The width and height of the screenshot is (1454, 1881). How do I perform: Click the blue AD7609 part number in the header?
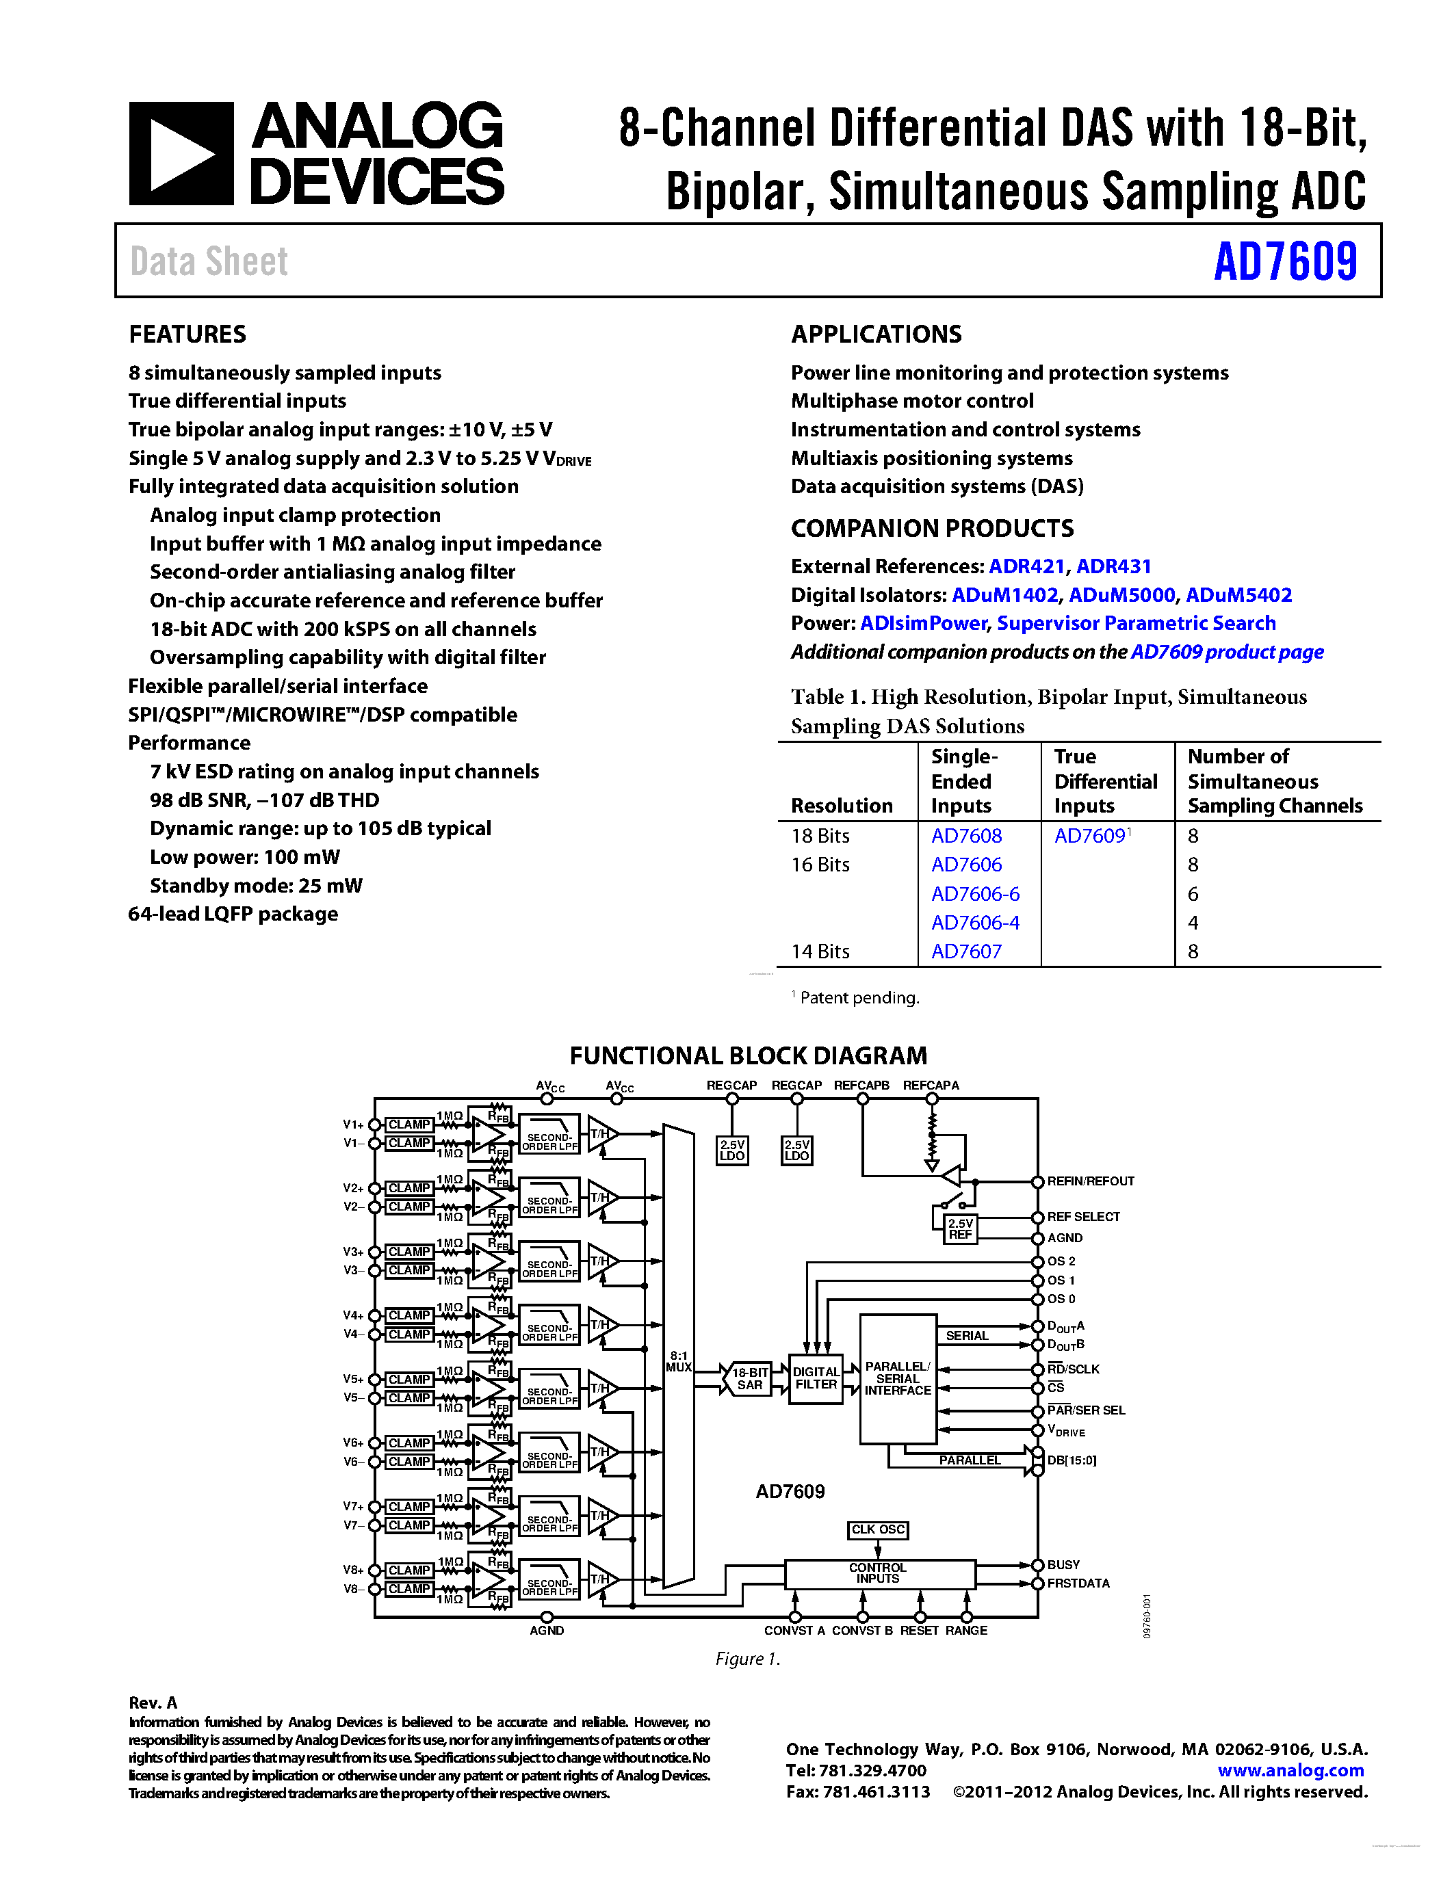(1285, 262)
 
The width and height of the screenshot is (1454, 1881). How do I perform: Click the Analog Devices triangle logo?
(181, 154)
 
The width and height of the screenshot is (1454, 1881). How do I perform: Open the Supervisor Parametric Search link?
(1136, 624)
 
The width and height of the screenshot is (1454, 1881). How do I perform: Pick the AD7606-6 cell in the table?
(975, 894)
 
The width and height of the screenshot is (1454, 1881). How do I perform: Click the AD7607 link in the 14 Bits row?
(966, 951)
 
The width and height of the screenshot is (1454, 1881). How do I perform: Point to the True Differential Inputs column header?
(1105, 781)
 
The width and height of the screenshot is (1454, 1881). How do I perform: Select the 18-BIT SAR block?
(749, 1378)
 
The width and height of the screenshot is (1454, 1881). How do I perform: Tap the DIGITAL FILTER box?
(816, 1378)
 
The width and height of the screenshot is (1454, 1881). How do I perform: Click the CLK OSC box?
(878, 1529)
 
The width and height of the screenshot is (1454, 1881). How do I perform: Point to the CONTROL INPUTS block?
(878, 1573)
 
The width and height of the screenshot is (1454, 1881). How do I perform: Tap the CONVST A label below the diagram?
(794, 1631)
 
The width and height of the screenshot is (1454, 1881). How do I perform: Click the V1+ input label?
(353, 1124)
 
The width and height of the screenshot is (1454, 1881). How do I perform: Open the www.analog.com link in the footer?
(1290, 1771)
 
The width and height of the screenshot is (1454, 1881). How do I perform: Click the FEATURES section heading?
(187, 334)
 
